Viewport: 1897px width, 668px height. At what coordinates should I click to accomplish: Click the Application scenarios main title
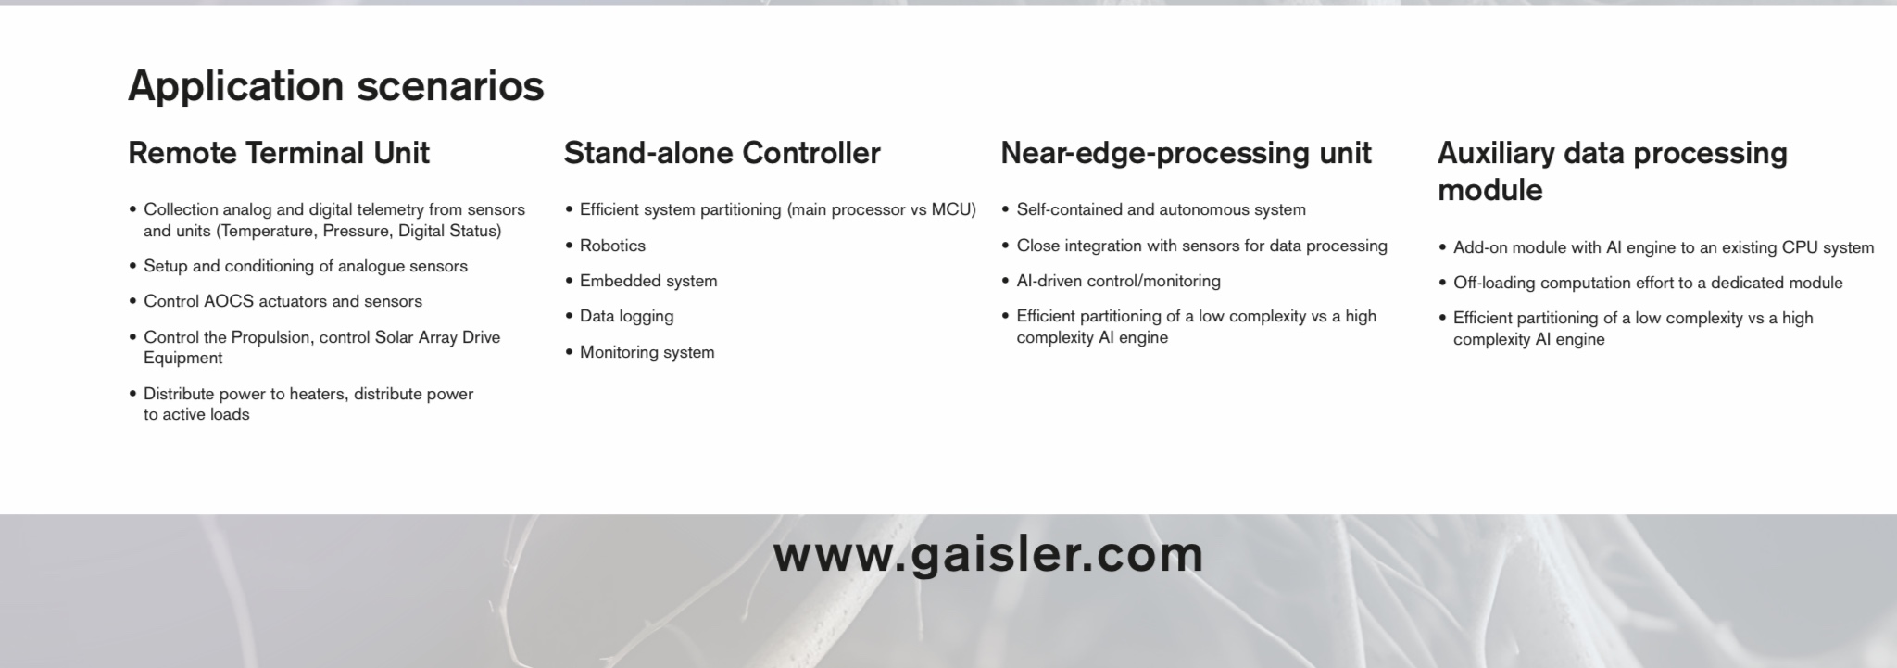tap(335, 86)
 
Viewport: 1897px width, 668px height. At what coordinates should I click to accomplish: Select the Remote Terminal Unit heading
tap(279, 153)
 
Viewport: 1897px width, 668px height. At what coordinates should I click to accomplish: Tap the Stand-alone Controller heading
tap(722, 153)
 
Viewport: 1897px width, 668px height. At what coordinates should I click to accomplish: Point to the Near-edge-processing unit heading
tap(1186, 154)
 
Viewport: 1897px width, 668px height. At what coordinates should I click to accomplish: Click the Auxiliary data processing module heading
tap(1612, 171)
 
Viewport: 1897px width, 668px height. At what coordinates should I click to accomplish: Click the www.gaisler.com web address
tap(988, 555)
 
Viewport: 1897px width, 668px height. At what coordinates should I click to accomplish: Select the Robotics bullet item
tap(612, 246)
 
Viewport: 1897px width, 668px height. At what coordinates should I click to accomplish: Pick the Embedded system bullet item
tap(648, 281)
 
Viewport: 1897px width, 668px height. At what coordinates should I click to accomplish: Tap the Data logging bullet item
tap(626, 317)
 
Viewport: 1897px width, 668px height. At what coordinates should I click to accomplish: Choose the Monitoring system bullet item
tap(647, 352)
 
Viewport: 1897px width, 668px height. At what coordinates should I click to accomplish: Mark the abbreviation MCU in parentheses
tap(953, 209)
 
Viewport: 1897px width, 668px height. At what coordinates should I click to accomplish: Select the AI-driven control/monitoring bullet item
tap(1119, 281)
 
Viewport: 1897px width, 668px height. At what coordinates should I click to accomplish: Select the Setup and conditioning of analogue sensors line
tap(306, 267)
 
